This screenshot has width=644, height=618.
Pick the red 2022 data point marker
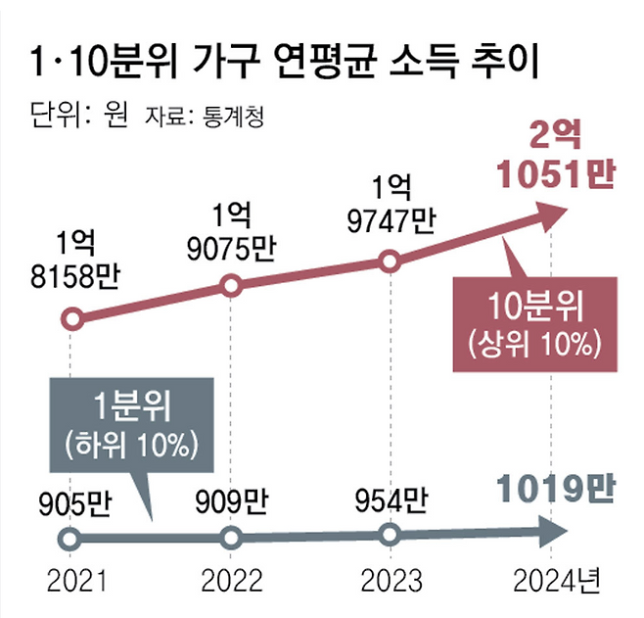(x=231, y=286)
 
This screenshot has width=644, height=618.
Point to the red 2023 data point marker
(x=389, y=261)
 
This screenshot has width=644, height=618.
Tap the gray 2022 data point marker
(x=231, y=538)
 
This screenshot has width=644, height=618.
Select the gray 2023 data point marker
(x=389, y=535)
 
